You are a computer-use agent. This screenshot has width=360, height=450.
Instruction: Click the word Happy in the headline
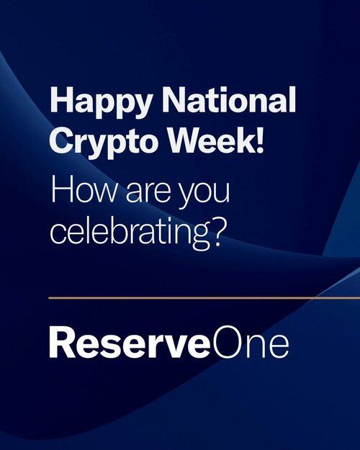[x=101, y=102]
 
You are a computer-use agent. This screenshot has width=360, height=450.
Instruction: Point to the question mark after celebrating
[x=217, y=230]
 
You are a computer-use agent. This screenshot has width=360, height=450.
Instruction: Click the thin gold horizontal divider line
[x=204, y=298]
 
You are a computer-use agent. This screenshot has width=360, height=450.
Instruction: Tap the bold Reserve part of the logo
[x=130, y=343]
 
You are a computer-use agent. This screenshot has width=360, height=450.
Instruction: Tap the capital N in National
[x=175, y=99]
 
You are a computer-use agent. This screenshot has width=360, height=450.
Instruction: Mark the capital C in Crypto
[x=62, y=140]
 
